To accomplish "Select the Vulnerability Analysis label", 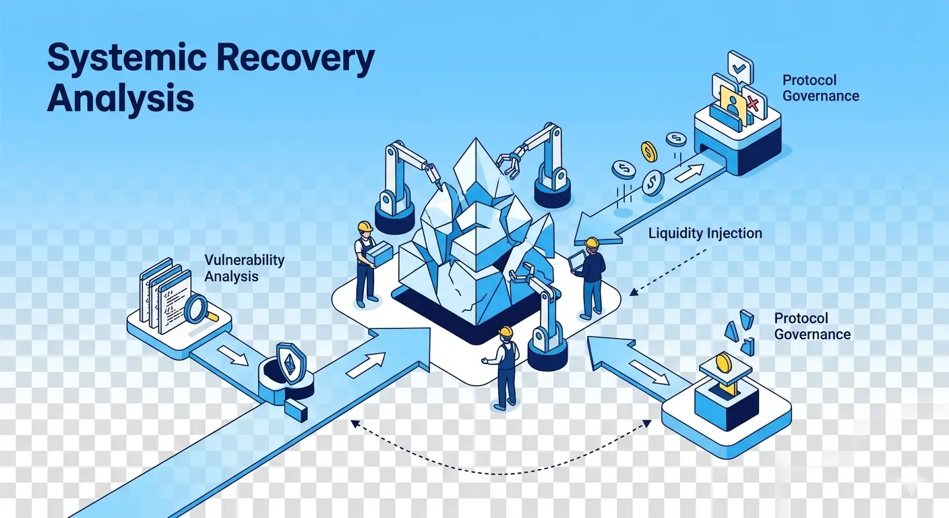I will tap(244, 268).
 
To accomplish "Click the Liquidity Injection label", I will tap(705, 233).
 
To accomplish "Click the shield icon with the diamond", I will tap(290, 363).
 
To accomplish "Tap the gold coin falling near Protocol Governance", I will tap(648, 151).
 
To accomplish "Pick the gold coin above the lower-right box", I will tap(723, 362).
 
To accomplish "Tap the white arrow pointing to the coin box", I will tap(650, 372).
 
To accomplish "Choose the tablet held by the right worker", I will tap(577, 260).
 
